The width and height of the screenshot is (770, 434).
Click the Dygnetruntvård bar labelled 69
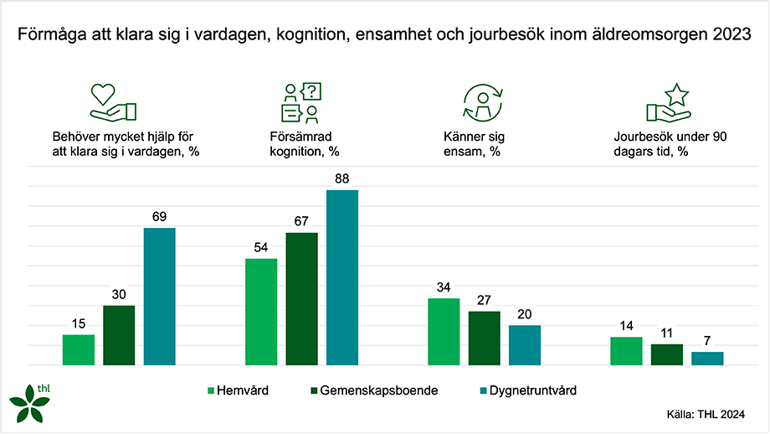tap(160, 297)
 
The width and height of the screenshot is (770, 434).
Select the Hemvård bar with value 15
tap(79, 350)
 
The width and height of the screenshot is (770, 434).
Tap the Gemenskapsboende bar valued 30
tap(119, 335)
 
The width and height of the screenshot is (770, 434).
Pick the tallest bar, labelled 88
tap(342, 277)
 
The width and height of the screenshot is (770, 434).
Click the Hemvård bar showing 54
tap(261, 312)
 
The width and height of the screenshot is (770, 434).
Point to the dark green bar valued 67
tap(301, 298)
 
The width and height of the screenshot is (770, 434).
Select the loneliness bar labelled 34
tap(444, 332)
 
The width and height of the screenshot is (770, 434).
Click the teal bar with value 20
tap(525, 345)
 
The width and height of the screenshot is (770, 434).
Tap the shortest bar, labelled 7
tap(707, 359)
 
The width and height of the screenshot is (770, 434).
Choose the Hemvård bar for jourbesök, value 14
tap(626, 351)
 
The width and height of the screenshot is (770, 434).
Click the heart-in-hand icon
tap(112, 102)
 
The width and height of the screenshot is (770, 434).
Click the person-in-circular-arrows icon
tap(482, 102)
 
